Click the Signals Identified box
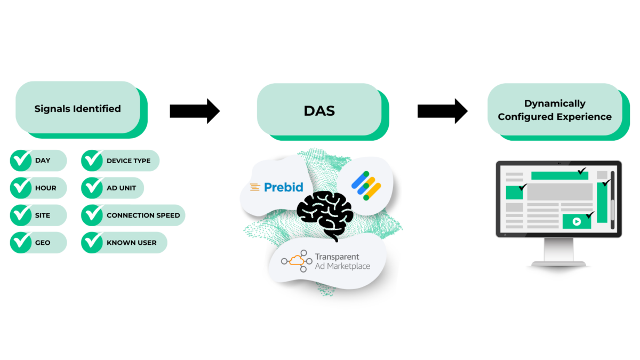(x=78, y=108)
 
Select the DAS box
(x=319, y=111)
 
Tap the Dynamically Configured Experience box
(x=555, y=110)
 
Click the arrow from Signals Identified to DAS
(x=194, y=111)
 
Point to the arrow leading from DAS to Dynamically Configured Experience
(x=442, y=111)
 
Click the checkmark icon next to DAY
(x=21, y=161)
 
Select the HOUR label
(x=46, y=188)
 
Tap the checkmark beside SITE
(x=21, y=215)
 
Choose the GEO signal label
(x=43, y=243)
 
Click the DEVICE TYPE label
(x=129, y=161)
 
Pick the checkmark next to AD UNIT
(x=92, y=188)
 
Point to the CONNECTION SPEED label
(x=143, y=215)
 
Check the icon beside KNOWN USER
(x=92, y=243)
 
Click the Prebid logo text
(x=284, y=187)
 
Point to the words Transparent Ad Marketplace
(x=342, y=261)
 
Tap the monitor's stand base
(x=558, y=263)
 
